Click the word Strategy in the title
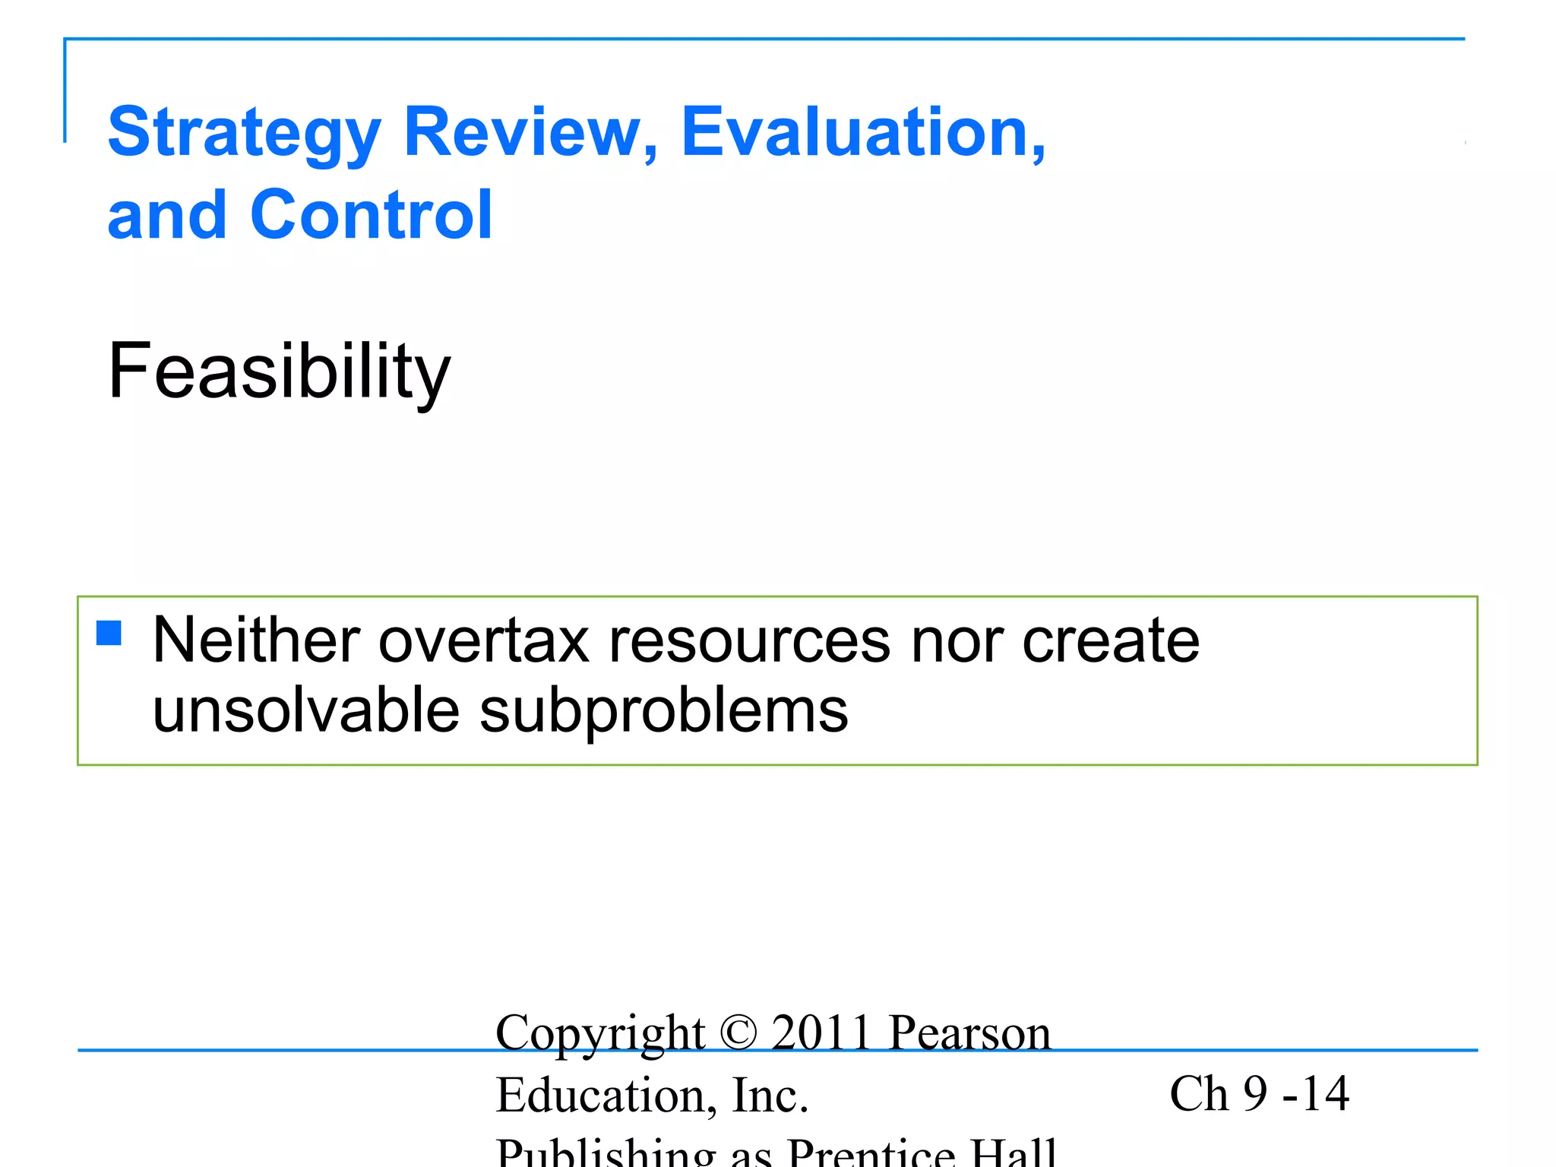243,134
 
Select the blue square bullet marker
109,633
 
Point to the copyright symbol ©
738,1033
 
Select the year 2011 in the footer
821,1033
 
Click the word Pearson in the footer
969,1033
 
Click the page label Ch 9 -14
1259,1094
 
